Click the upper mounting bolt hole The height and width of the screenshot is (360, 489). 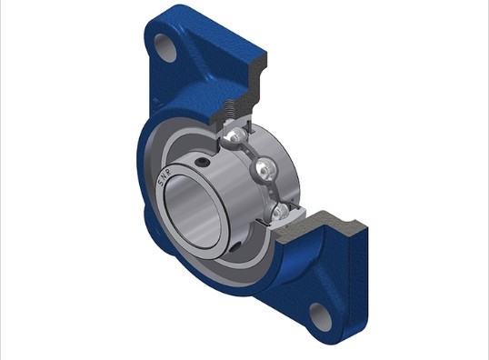pyautogui.click(x=165, y=48)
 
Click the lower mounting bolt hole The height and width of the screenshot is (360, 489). pyautogui.click(x=320, y=316)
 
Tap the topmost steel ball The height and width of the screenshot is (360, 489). pyautogui.click(x=235, y=135)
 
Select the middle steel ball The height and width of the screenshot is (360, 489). pyautogui.click(x=264, y=169)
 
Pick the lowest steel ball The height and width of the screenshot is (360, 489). pyautogui.click(x=281, y=214)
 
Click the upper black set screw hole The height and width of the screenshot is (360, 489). pyautogui.click(x=202, y=162)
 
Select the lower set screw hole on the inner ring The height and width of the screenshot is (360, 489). pyautogui.click(x=236, y=246)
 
